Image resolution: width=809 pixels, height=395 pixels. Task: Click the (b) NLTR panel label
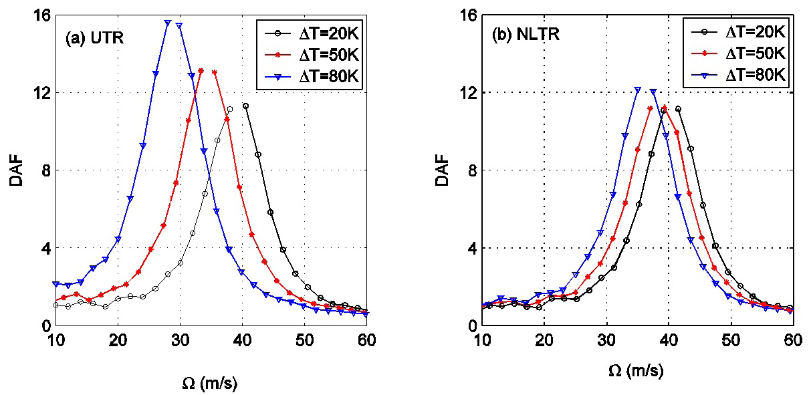point(525,36)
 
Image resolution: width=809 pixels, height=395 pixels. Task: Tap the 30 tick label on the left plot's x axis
point(180,340)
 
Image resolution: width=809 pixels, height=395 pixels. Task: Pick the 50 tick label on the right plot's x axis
point(731,340)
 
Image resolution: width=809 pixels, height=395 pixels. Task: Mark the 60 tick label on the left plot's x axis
point(366,340)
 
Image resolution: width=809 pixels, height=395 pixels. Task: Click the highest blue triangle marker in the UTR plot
point(168,23)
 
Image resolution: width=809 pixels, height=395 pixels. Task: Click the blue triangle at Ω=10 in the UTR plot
point(56,284)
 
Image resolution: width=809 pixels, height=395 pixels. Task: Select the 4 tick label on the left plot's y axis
point(45,248)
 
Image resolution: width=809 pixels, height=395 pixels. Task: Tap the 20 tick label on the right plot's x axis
point(544,340)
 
